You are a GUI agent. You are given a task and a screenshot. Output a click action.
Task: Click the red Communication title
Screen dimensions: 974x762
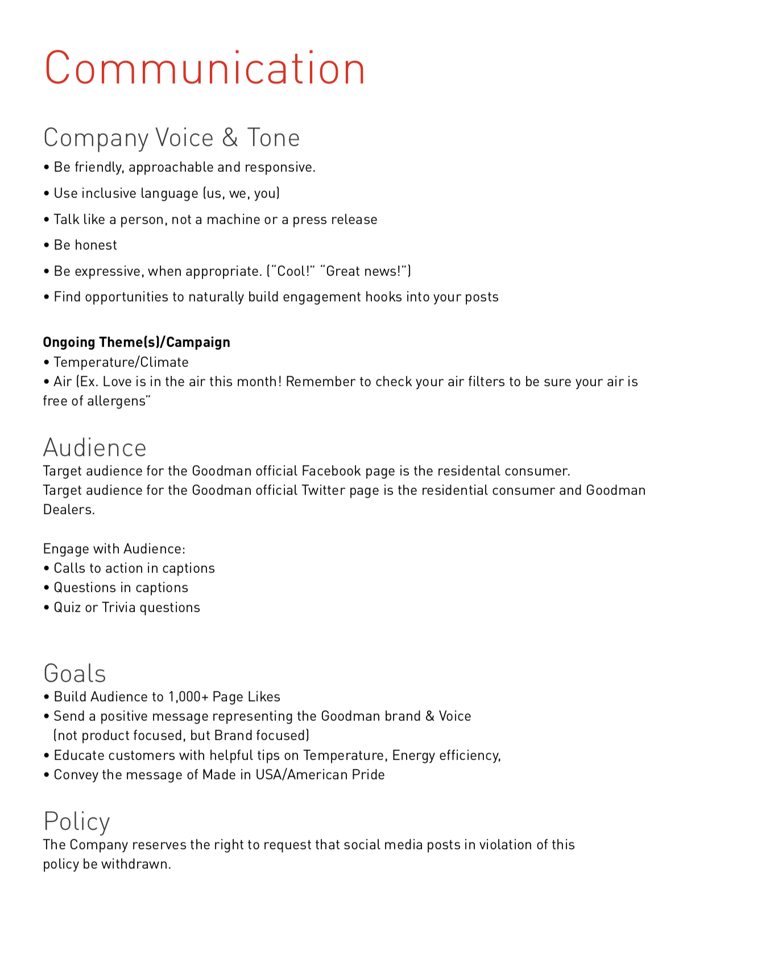point(205,68)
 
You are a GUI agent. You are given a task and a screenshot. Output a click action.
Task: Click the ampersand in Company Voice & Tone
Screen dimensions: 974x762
point(230,138)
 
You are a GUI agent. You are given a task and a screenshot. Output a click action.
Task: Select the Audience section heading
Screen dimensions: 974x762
point(95,448)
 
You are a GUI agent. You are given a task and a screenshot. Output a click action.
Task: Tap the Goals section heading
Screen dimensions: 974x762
point(75,673)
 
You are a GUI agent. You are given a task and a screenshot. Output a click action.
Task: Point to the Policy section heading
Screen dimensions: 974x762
point(77,821)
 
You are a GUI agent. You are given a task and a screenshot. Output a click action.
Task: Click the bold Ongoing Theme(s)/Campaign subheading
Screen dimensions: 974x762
point(136,342)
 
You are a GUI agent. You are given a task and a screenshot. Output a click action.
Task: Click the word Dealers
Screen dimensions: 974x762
point(69,510)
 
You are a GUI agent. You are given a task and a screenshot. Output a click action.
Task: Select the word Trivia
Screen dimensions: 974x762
point(119,608)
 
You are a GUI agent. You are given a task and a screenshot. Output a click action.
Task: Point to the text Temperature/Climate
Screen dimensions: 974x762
point(121,362)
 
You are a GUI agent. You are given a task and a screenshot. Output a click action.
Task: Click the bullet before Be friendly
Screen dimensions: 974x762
point(47,168)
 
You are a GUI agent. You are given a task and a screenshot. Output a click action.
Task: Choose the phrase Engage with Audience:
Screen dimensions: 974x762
point(114,549)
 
